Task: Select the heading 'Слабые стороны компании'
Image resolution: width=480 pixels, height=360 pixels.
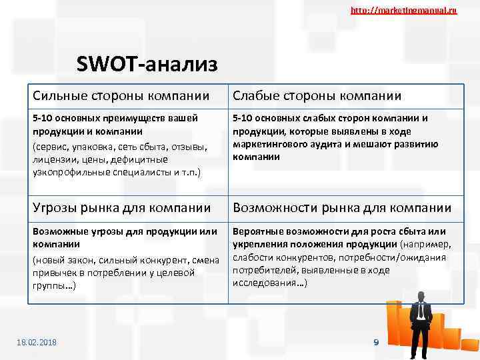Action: pyautogui.click(x=317, y=96)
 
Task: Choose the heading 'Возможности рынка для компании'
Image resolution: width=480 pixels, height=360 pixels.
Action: pyautogui.click(x=341, y=208)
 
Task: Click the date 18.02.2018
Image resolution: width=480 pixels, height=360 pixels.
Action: pyautogui.click(x=37, y=342)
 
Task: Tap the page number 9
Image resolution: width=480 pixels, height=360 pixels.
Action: pyautogui.click(x=376, y=342)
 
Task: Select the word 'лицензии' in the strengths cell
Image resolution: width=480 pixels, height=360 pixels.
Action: pyautogui.click(x=52, y=159)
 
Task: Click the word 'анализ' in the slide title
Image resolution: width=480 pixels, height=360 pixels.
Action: pyautogui.click(x=181, y=65)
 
